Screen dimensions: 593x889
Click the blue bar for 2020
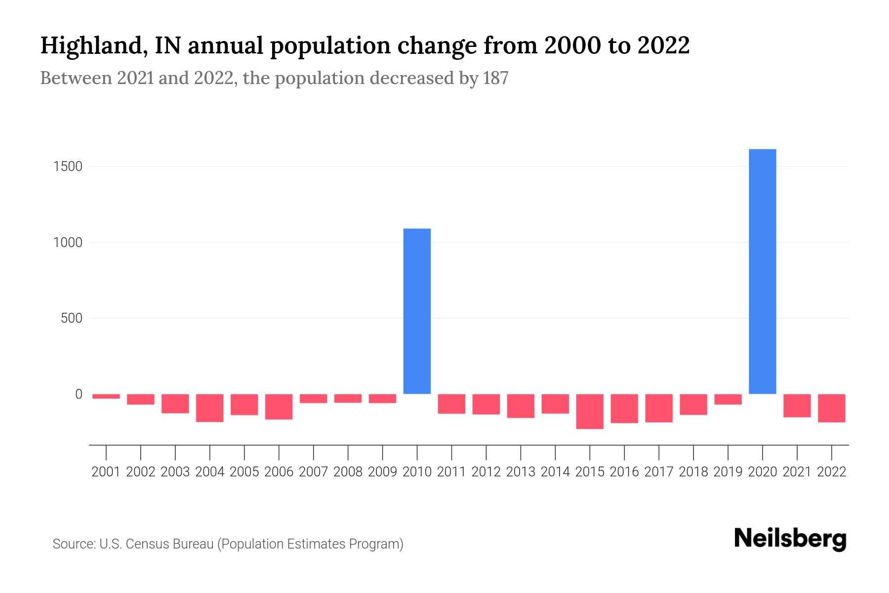[762, 272]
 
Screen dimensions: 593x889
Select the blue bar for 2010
[417, 311]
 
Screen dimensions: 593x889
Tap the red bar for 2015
[590, 411]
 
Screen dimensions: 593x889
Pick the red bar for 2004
[210, 408]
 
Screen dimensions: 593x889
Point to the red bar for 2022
[831, 408]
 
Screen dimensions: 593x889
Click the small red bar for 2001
[106, 396]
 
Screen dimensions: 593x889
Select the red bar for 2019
[727, 399]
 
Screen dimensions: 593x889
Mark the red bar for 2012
[486, 404]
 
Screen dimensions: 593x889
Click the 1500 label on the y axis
[68, 167]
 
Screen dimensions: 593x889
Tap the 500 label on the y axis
[72, 318]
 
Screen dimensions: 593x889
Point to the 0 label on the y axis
[79, 394]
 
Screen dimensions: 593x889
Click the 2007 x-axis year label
[313, 472]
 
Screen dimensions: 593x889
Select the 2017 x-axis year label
[658, 472]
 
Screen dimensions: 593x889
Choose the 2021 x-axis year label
[797, 472]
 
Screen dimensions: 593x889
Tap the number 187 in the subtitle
[496, 78]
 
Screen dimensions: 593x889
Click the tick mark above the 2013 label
[521, 452]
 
